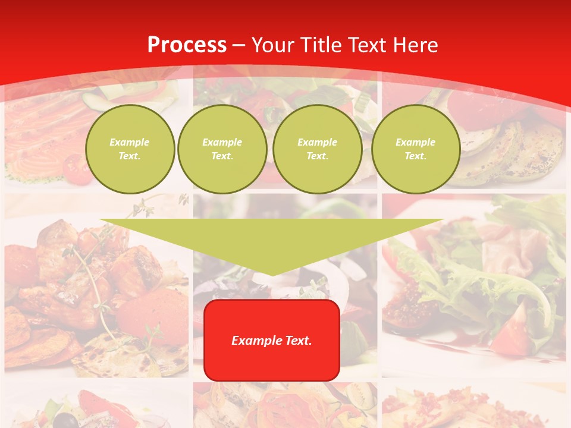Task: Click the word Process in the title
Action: click(x=187, y=45)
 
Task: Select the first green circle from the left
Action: click(x=130, y=149)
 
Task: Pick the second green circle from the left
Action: click(x=222, y=149)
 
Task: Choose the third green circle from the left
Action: click(x=317, y=149)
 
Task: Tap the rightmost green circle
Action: click(x=415, y=149)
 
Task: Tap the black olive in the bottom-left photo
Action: click(x=71, y=421)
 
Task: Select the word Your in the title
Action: click(x=271, y=45)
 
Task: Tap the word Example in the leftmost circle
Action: click(x=130, y=143)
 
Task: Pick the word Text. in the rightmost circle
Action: click(x=415, y=156)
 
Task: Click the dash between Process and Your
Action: click(x=239, y=45)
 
